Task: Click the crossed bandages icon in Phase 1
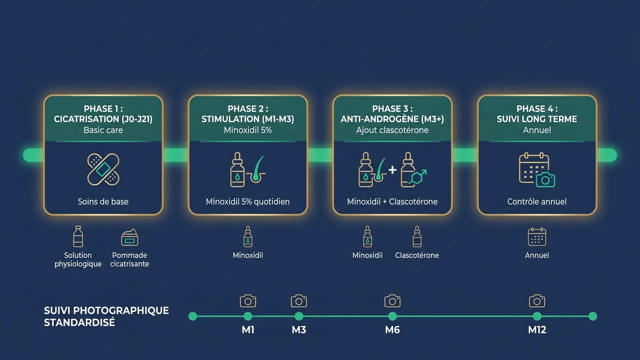(x=103, y=169)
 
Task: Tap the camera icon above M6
(x=392, y=301)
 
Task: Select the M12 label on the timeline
(x=537, y=330)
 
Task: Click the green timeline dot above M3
(x=299, y=316)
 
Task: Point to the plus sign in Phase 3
(x=392, y=169)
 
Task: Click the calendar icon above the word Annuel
(x=537, y=236)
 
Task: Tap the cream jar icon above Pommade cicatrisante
(x=129, y=237)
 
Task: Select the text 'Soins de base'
(x=103, y=201)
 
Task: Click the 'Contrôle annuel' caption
(x=537, y=201)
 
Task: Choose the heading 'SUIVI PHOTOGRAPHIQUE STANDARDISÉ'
(x=106, y=316)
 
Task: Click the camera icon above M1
(x=248, y=301)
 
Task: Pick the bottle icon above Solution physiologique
(x=78, y=236)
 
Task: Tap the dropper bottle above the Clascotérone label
(x=417, y=236)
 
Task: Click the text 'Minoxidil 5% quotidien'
(x=247, y=201)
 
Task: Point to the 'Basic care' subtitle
(x=103, y=130)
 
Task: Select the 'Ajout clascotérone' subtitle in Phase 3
(x=392, y=130)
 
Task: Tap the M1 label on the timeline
(x=248, y=330)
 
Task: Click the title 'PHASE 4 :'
(x=537, y=109)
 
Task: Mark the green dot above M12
(x=537, y=316)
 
